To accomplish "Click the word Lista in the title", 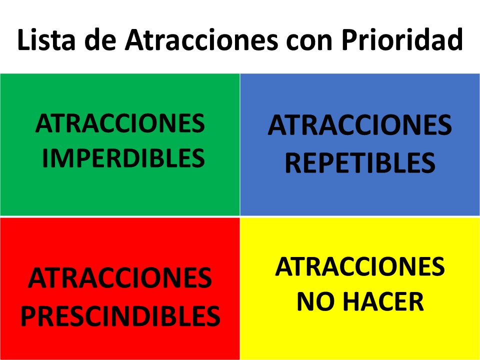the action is [x=46, y=39].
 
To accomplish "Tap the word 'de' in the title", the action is [x=100, y=39].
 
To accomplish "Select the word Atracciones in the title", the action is [x=201, y=39].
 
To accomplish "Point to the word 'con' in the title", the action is [x=309, y=42].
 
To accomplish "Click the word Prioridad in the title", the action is [x=402, y=39].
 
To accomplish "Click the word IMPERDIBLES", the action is [x=123, y=158].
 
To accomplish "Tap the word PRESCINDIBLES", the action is [x=120, y=316].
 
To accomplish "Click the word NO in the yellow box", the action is [x=316, y=301].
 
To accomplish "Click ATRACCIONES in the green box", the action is [x=120, y=123].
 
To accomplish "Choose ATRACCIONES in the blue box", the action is [x=359, y=125].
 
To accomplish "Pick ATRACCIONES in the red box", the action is [x=119, y=278].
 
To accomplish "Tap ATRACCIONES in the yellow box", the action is [x=359, y=266].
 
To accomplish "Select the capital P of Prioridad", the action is [x=349, y=39].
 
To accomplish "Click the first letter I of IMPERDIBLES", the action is [x=44, y=158].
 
